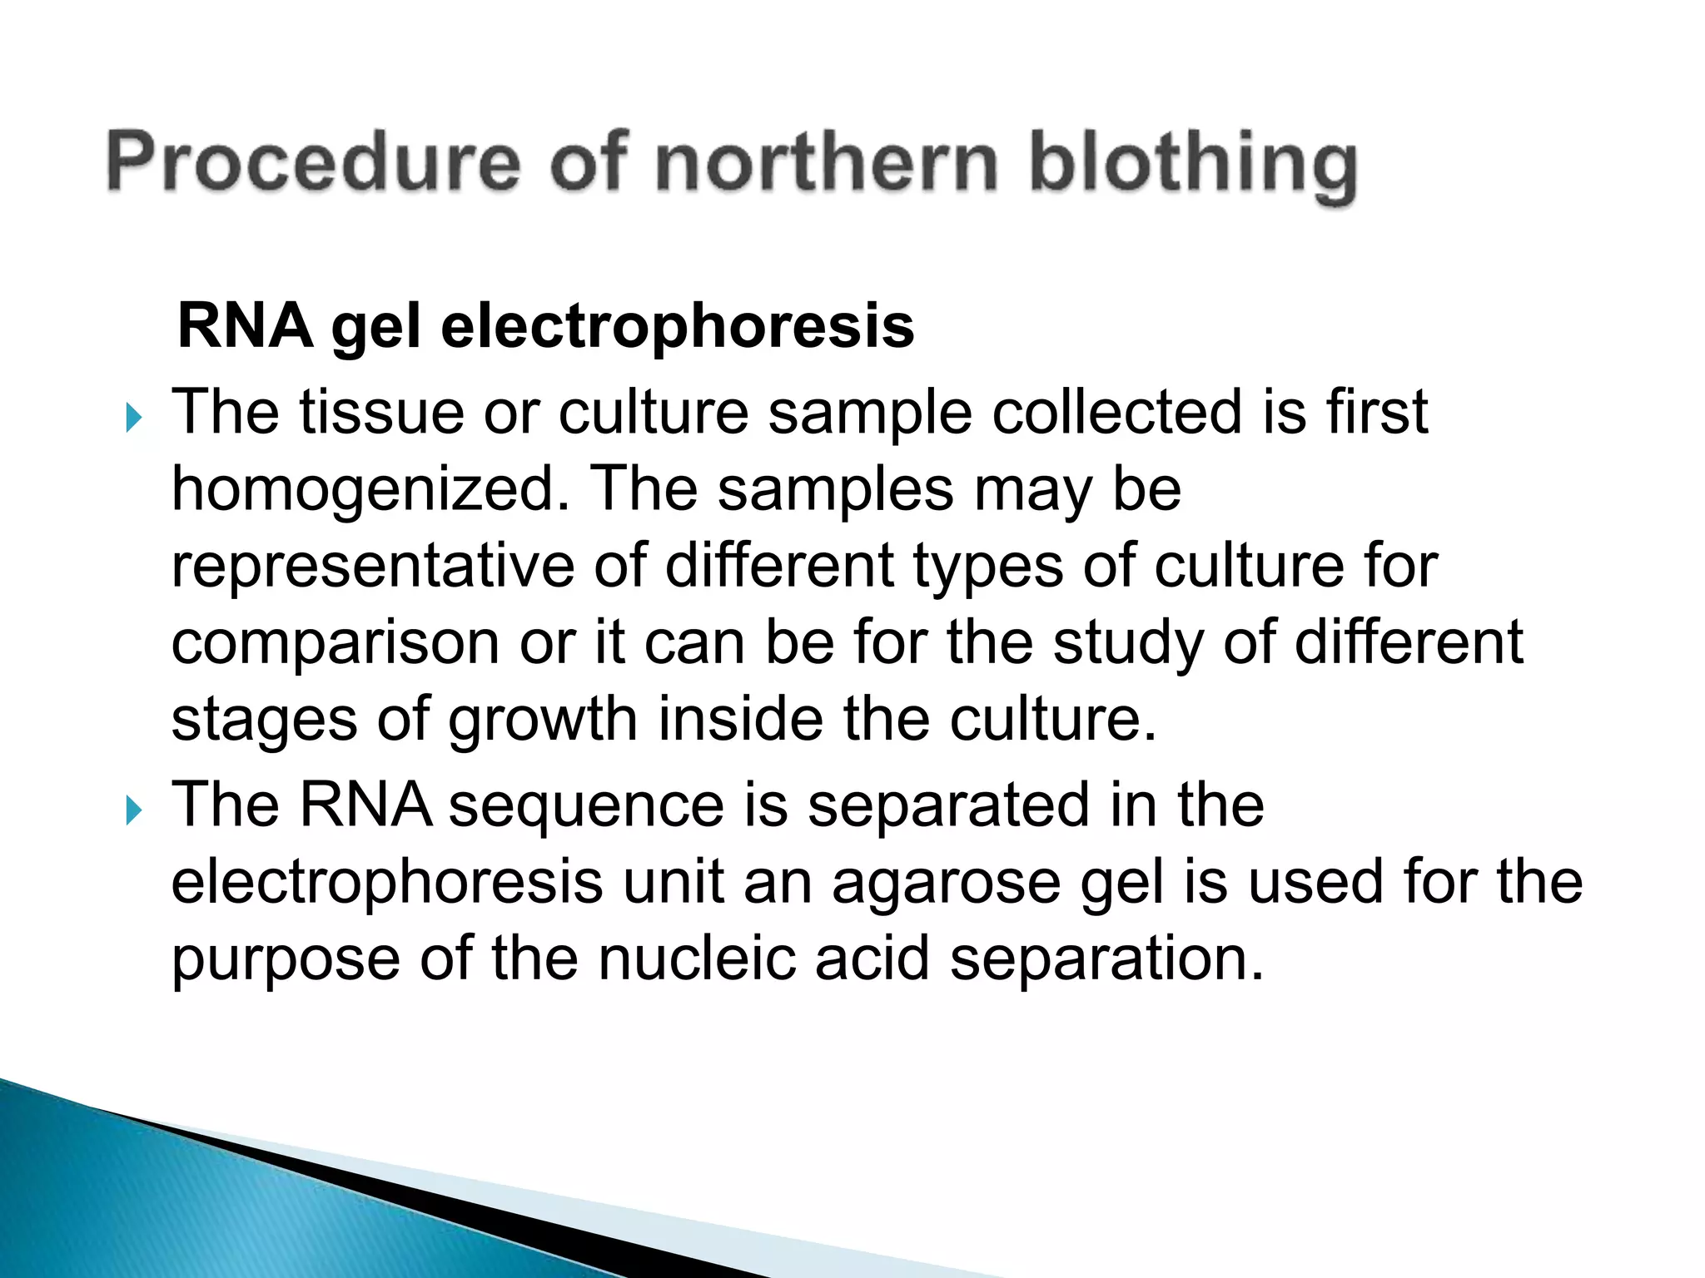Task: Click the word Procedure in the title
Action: (313, 163)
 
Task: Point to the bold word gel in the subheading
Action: (375, 327)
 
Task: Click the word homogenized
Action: (363, 489)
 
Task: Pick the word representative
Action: (372, 567)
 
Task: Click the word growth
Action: (543, 720)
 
